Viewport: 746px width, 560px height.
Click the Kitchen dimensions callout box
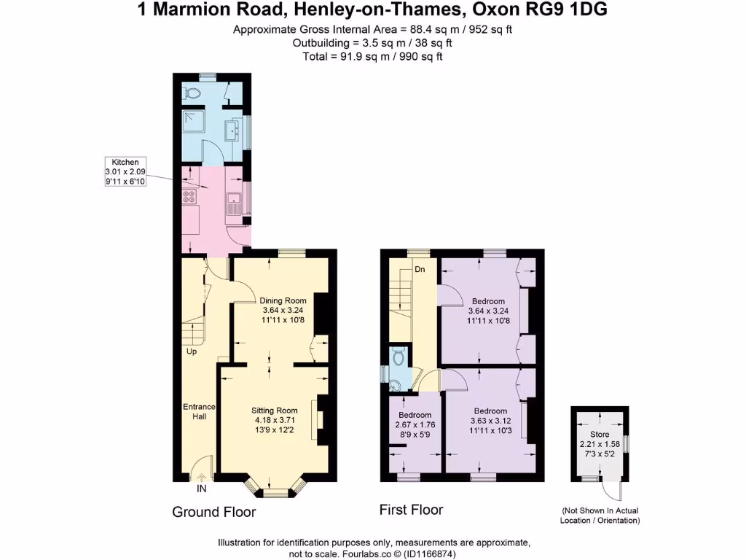click(125, 171)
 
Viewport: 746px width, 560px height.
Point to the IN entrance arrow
click(202, 478)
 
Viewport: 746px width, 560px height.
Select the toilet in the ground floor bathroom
click(192, 93)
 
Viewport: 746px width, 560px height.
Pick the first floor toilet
click(398, 358)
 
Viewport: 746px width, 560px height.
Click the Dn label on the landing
click(420, 269)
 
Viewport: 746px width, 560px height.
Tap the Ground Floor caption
click(213, 513)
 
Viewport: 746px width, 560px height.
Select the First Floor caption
click(411, 510)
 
